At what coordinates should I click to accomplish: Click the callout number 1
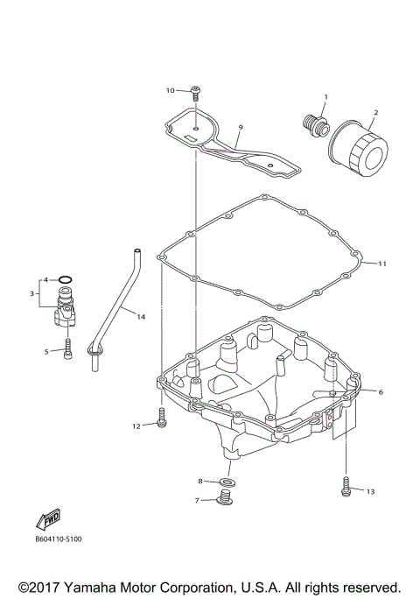tap(325, 96)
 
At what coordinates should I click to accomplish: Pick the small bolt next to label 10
tap(196, 91)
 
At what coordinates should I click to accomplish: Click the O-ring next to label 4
tap(66, 280)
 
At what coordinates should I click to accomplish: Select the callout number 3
tap(31, 293)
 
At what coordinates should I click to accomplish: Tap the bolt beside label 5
tap(66, 352)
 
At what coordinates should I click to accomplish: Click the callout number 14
tap(141, 317)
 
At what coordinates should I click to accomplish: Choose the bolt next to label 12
tap(161, 415)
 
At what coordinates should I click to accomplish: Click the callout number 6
tap(381, 392)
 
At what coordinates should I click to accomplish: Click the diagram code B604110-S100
tap(59, 539)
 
